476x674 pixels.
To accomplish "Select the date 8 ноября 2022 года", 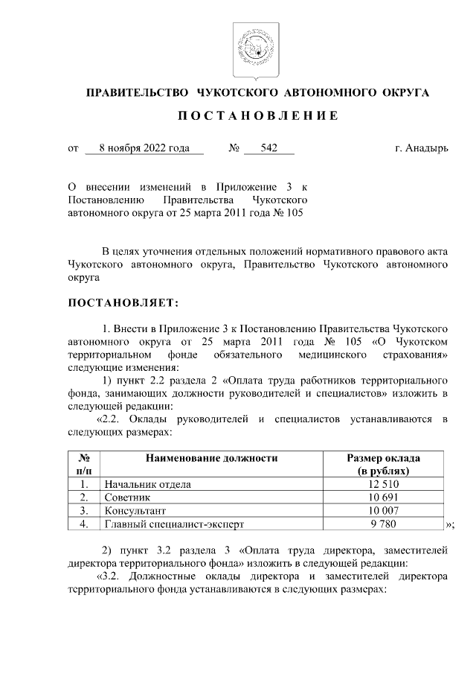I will [x=144, y=148].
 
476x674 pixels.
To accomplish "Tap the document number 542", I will [x=268, y=148].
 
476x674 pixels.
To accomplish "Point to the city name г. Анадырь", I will [x=421, y=148].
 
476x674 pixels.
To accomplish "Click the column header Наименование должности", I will [x=211, y=458].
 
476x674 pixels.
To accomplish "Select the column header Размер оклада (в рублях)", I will [x=383, y=465].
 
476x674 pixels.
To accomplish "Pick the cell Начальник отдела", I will [x=147, y=484].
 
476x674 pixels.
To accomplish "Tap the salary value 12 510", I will [x=384, y=484].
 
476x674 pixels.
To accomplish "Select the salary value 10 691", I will [x=384, y=497].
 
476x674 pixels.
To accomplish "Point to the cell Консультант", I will [x=135, y=511].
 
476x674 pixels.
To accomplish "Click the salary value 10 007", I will [x=384, y=511].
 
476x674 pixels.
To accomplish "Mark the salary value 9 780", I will [x=384, y=524].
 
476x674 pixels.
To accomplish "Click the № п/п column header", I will [x=84, y=465].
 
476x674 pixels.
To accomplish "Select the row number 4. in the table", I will [x=84, y=524].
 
